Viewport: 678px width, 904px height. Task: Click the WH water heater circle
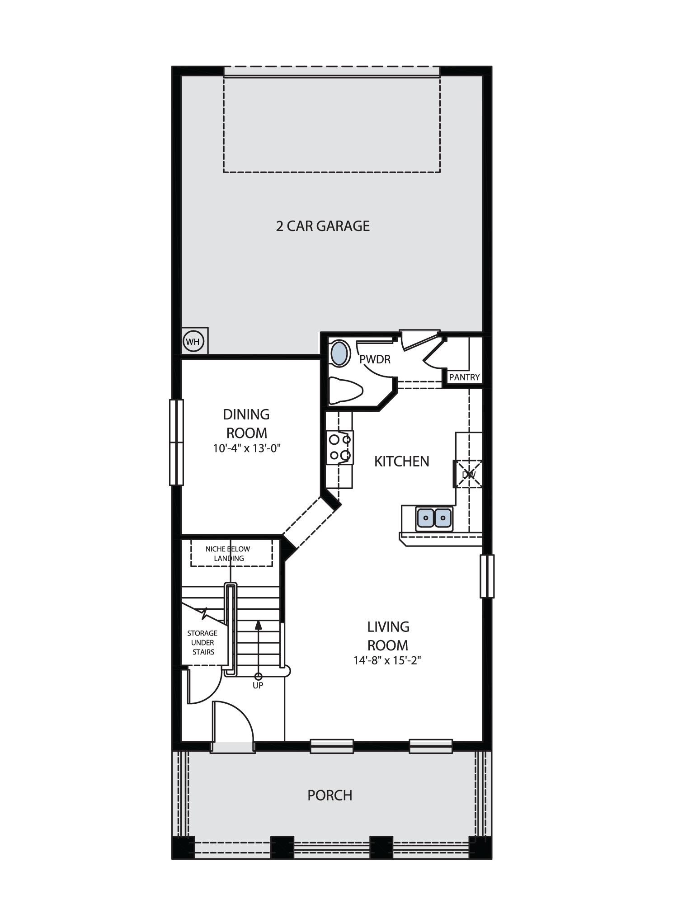pyautogui.click(x=193, y=342)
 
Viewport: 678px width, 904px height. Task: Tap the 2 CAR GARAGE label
pyautogui.click(x=323, y=226)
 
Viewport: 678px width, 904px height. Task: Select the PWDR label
pyautogui.click(x=375, y=359)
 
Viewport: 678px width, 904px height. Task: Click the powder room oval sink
pyautogui.click(x=340, y=354)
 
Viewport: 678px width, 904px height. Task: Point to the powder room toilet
pyautogui.click(x=345, y=391)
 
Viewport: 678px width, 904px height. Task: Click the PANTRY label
pyautogui.click(x=464, y=377)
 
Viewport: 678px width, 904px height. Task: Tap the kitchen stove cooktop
pyautogui.click(x=340, y=447)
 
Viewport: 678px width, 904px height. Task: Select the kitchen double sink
pyautogui.click(x=434, y=518)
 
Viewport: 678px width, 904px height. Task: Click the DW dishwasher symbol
pyautogui.click(x=468, y=475)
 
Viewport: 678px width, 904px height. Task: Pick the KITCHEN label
pyautogui.click(x=401, y=461)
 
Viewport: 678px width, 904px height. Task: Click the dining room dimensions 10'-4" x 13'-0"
pyautogui.click(x=247, y=448)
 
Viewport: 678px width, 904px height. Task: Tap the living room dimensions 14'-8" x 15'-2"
pyautogui.click(x=387, y=660)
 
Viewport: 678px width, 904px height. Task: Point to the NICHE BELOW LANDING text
pyautogui.click(x=228, y=554)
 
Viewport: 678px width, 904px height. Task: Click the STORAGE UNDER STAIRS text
pyautogui.click(x=202, y=642)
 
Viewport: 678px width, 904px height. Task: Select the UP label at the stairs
pyautogui.click(x=258, y=685)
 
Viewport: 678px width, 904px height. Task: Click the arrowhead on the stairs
pyautogui.click(x=258, y=625)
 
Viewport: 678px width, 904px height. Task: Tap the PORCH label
pyautogui.click(x=330, y=796)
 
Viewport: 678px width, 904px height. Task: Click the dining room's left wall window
pyautogui.click(x=176, y=443)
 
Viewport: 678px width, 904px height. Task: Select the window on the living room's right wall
pyautogui.click(x=487, y=576)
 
